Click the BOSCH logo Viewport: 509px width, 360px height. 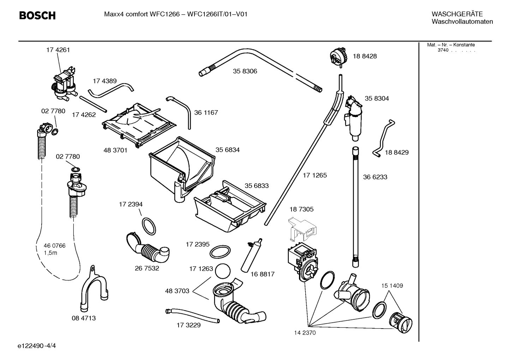[x=37, y=16]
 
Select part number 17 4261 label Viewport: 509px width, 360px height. [x=58, y=50]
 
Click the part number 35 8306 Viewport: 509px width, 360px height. [x=245, y=71]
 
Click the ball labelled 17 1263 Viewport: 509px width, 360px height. [x=222, y=272]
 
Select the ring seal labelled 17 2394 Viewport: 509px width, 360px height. [x=149, y=226]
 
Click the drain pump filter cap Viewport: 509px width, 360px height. [x=400, y=321]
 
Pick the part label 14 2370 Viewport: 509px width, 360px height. [x=305, y=333]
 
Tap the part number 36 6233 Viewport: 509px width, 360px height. [x=375, y=177]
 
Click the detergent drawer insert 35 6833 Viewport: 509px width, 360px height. [x=229, y=207]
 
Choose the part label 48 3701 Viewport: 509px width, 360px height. [x=115, y=150]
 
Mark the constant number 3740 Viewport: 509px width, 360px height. [x=443, y=50]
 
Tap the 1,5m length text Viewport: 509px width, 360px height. [x=50, y=253]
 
